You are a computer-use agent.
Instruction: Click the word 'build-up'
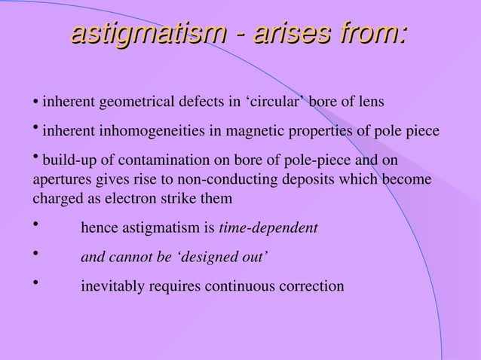pyautogui.click(x=66, y=161)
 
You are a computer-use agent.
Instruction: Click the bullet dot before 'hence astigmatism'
pyautogui.click(x=35, y=224)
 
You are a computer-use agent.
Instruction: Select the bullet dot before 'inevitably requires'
pyautogui.click(x=35, y=284)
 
